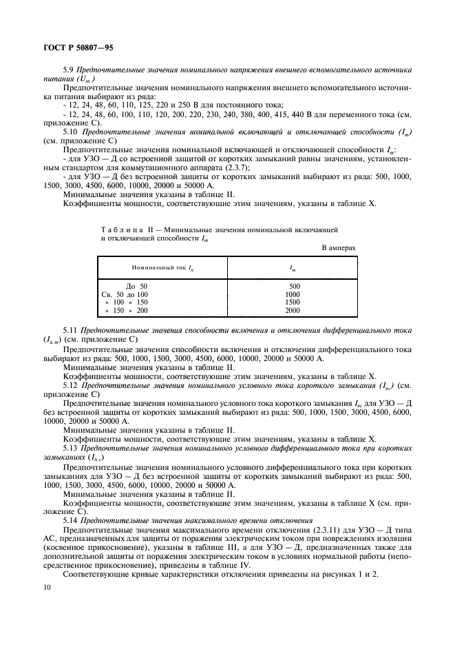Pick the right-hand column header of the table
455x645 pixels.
[294, 266]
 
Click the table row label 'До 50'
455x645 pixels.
[136, 285]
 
